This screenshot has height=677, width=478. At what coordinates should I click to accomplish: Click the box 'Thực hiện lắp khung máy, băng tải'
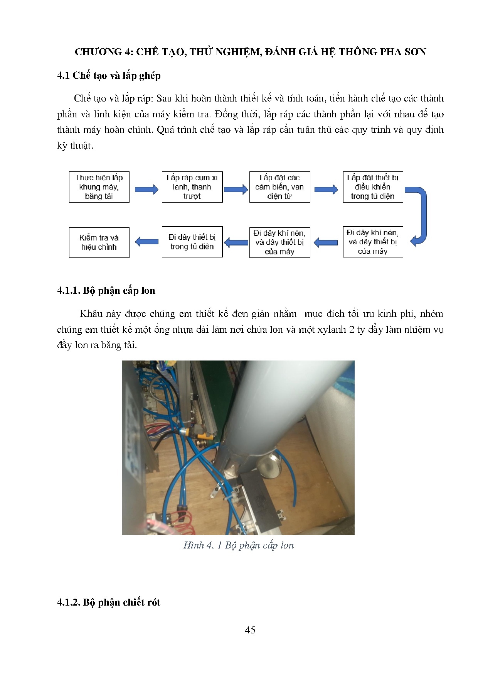99,187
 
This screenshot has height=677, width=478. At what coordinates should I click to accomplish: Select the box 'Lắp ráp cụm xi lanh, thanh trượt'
192,187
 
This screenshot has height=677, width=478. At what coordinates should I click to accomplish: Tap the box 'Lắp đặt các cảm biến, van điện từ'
279,187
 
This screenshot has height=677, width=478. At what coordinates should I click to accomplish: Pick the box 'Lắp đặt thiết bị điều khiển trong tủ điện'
373,187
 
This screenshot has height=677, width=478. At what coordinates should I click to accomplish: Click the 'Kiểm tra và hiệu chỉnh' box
99,242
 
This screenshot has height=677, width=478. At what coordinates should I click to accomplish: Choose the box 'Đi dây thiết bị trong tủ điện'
192,242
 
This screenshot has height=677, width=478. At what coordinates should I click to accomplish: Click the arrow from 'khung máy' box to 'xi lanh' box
146,189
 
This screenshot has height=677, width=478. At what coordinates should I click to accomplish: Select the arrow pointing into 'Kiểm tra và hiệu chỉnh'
146,242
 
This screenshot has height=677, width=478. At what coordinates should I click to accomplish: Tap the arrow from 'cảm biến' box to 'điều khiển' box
326,189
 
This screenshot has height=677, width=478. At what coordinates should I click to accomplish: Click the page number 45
250,630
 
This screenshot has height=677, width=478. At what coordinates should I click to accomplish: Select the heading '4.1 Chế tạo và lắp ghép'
109,76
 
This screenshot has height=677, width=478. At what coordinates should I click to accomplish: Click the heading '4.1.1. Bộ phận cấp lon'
106,291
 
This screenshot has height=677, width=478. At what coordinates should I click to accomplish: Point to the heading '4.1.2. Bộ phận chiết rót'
108,603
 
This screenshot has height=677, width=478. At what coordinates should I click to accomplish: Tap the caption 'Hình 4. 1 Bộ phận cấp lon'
238,545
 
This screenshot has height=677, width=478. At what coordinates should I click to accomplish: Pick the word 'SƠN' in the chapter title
415,52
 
